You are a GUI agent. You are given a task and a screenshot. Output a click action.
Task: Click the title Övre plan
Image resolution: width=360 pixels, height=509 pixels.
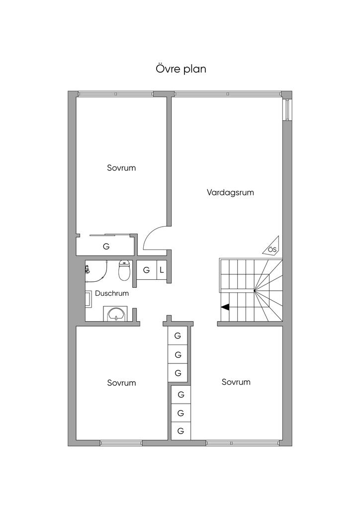click(181, 69)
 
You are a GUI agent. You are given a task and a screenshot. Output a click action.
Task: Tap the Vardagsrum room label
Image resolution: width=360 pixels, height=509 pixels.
click(230, 192)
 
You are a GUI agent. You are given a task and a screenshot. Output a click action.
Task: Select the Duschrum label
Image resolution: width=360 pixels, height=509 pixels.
click(112, 293)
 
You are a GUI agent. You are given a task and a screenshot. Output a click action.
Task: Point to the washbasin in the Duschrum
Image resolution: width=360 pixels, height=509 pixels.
click(115, 314)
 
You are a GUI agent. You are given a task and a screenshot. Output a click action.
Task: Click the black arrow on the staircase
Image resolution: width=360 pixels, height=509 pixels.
click(225, 307)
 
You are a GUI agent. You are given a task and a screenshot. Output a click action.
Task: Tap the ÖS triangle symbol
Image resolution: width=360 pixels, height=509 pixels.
click(271, 246)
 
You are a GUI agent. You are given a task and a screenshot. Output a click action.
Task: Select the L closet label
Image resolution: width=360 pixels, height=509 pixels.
click(162, 270)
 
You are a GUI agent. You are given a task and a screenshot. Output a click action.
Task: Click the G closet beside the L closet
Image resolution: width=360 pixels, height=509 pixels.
click(146, 270)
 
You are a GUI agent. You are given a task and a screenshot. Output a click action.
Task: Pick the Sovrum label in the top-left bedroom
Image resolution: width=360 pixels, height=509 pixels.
click(121, 168)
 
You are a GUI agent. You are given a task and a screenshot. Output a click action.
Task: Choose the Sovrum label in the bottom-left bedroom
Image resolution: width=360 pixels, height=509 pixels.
click(121, 383)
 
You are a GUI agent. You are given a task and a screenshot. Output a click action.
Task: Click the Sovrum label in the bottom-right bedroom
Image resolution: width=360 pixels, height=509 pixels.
click(236, 382)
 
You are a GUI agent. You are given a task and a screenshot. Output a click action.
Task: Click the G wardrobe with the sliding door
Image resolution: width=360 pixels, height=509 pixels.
click(106, 247)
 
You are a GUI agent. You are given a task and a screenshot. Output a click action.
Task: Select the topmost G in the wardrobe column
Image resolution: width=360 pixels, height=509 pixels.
click(178, 336)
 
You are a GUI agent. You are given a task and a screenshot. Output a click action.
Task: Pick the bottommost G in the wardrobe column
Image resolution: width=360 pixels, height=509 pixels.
click(181, 431)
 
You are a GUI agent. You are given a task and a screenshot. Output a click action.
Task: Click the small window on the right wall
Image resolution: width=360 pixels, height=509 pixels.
click(287, 109)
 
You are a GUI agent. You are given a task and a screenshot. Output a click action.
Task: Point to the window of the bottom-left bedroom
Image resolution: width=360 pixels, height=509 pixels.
click(121, 443)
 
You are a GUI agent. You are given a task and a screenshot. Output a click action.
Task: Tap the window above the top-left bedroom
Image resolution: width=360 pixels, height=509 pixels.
click(115, 94)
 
